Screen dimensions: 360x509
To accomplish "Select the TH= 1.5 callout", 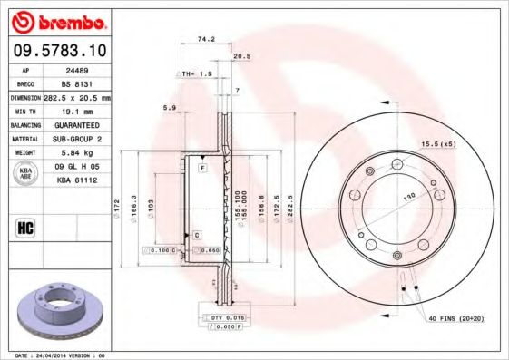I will coord(197,73).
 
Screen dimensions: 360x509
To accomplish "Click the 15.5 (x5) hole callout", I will coord(436,144).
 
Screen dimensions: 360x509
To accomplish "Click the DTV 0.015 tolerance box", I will coord(221,318).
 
